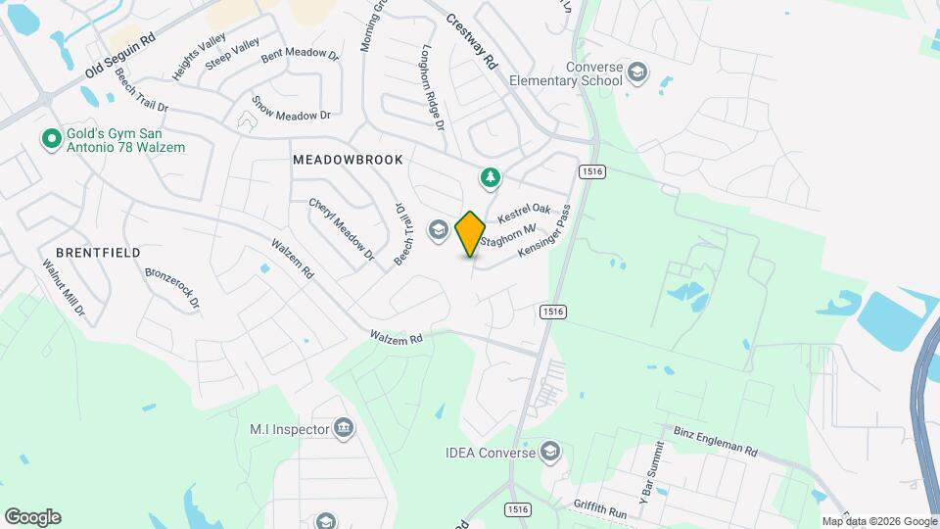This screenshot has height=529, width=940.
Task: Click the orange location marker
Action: tap(471, 233)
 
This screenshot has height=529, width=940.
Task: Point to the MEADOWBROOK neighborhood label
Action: tap(348, 159)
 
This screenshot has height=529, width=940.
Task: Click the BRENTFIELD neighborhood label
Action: tap(94, 252)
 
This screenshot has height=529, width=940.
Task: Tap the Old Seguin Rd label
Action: tap(120, 56)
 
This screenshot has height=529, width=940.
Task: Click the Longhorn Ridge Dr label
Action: tap(433, 87)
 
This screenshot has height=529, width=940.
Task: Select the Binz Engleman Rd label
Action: tap(716, 441)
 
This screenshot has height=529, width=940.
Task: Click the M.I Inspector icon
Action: tap(344, 427)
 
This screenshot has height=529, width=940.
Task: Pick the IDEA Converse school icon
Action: tap(551, 452)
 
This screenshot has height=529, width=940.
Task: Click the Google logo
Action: tap(32, 517)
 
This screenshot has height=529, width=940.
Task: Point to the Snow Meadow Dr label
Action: tap(291, 108)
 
